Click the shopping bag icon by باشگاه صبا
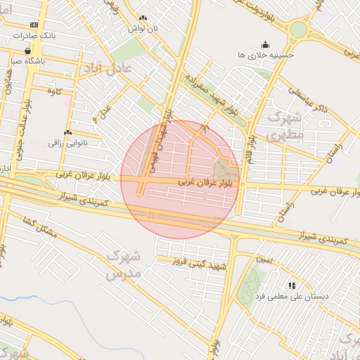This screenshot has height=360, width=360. (x=27, y=51)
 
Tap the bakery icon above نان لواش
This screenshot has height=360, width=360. (x=143, y=18)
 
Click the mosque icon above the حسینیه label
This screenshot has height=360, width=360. (x=265, y=44)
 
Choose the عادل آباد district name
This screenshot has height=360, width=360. (x=108, y=69)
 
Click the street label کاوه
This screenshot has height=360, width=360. (x=55, y=91)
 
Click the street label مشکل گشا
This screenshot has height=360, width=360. (x=39, y=226)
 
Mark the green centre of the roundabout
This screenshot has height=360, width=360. (x=299, y=30)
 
